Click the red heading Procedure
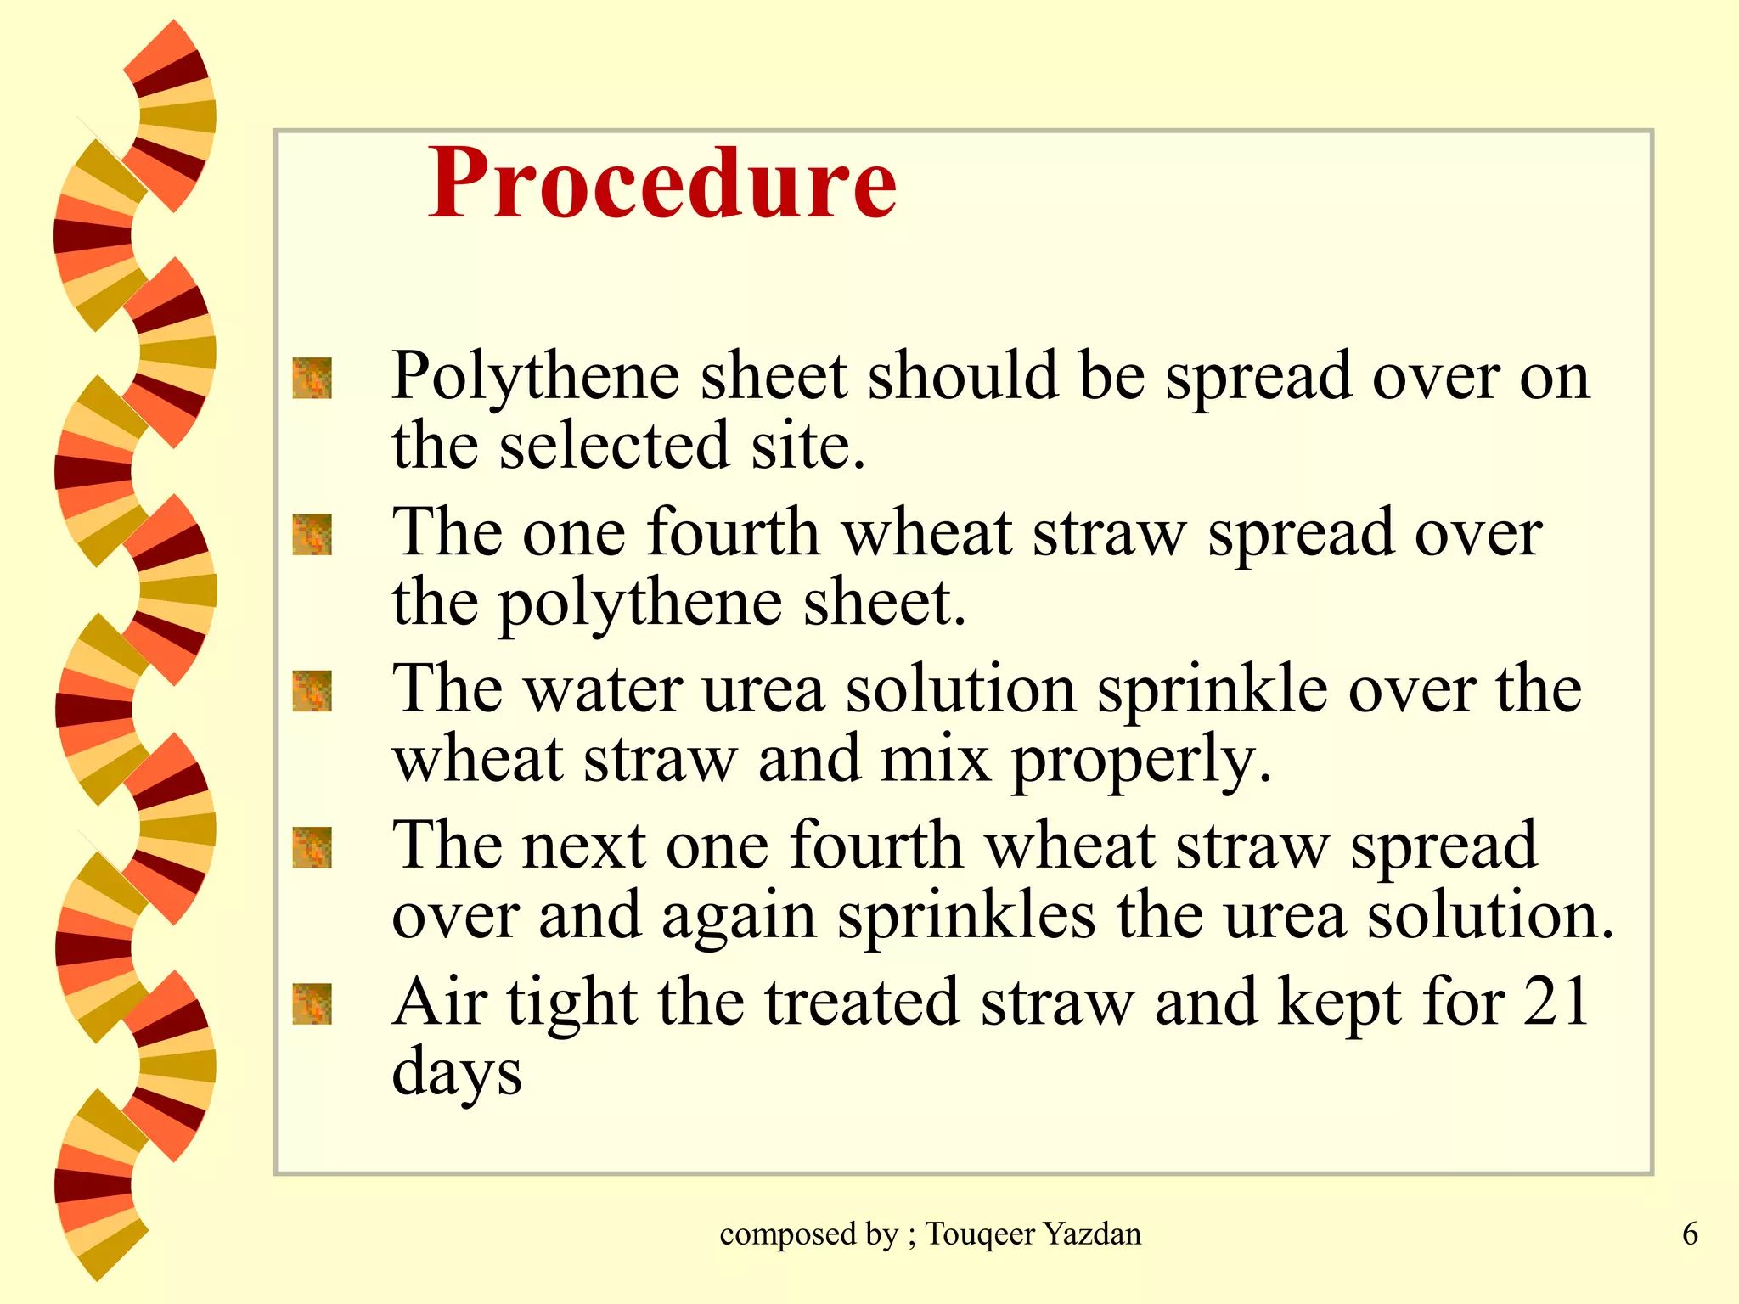[661, 183]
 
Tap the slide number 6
[1690, 1234]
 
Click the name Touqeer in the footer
[980, 1234]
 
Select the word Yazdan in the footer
[1092, 1234]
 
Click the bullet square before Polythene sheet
[312, 378]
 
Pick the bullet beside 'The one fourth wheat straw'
[312, 535]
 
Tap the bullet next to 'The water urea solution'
[312, 691]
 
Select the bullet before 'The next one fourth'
[312, 847]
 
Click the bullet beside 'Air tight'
[312, 1004]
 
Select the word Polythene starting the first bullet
[536, 377]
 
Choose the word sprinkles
[966, 917]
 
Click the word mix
[936, 759]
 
